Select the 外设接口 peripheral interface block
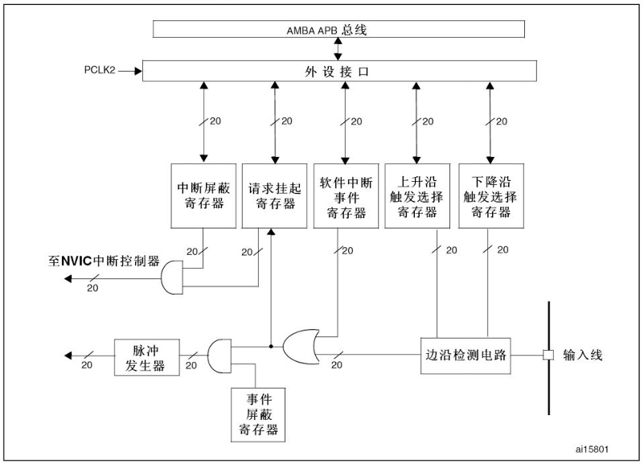338,71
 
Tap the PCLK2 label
100,71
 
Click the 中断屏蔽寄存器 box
203,195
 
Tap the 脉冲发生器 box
142,356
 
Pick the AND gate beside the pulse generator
219,355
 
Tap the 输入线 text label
582,356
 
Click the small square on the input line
548,356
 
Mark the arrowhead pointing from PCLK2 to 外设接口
137,71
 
